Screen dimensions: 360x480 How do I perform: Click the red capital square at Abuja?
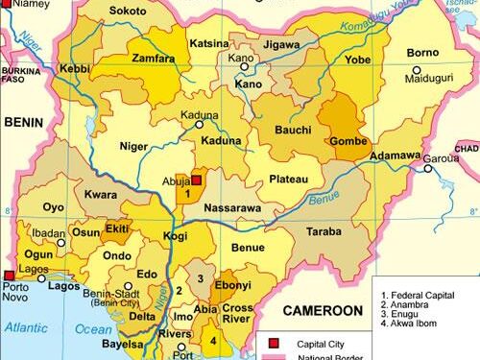click(196, 180)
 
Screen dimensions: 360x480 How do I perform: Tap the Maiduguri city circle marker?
click(417, 70)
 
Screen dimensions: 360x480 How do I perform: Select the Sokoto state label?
click(128, 12)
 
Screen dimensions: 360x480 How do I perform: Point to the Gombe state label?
click(347, 142)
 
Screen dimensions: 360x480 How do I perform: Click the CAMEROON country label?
click(321, 311)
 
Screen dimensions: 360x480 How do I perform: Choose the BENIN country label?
click(24, 123)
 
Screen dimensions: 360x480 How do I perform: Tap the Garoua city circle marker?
click(428, 168)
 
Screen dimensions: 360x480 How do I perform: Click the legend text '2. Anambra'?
click(409, 308)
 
